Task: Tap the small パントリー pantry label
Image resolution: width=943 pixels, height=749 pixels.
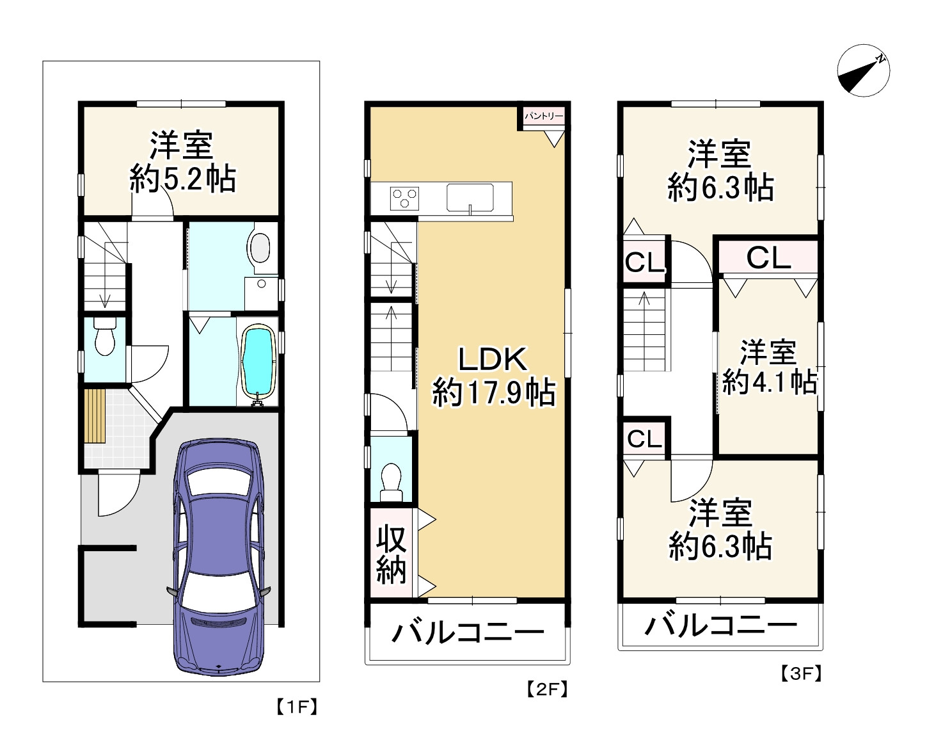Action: pyautogui.click(x=543, y=117)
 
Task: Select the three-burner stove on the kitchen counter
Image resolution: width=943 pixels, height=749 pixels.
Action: pyautogui.click(x=404, y=198)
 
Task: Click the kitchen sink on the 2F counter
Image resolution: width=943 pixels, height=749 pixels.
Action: pyautogui.click(x=470, y=198)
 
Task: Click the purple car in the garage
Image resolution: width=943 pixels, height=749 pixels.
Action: pyautogui.click(x=219, y=557)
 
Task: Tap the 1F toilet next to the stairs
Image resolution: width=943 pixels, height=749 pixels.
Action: pyautogui.click(x=105, y=336)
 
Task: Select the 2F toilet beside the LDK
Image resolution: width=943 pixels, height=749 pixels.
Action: pyautogui.click(x=391, y=483)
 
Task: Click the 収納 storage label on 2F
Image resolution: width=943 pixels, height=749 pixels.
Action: pyautogui.click(x=392, y=555)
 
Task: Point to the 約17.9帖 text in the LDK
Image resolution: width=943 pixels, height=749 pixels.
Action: pyautogui.click(x=494, y=392)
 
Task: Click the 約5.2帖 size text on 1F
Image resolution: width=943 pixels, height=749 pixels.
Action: pyautogui.click(x=182, y=179)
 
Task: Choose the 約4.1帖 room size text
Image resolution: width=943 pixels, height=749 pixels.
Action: pyautogui.click(x=769, y=382)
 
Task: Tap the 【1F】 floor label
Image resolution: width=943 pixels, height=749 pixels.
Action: pyautogui.click(x=297, y=707)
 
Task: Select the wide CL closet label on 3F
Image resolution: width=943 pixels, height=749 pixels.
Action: pyautogui.click(x=768, y=257)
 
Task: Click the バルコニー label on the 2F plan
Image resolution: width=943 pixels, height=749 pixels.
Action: pyautogui.click(x=468, y=632)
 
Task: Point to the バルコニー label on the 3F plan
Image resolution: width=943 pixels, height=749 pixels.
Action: pyautogui.click(x=720, y=626)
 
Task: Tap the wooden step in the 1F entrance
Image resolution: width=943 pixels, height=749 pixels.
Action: pyautogui.click(x=95, y=415)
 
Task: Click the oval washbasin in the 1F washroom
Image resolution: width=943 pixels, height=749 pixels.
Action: pyautogui.click(x=261, y=247)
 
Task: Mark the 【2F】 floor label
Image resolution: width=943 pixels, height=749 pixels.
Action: pyautogui.click(x=547, y=690)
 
